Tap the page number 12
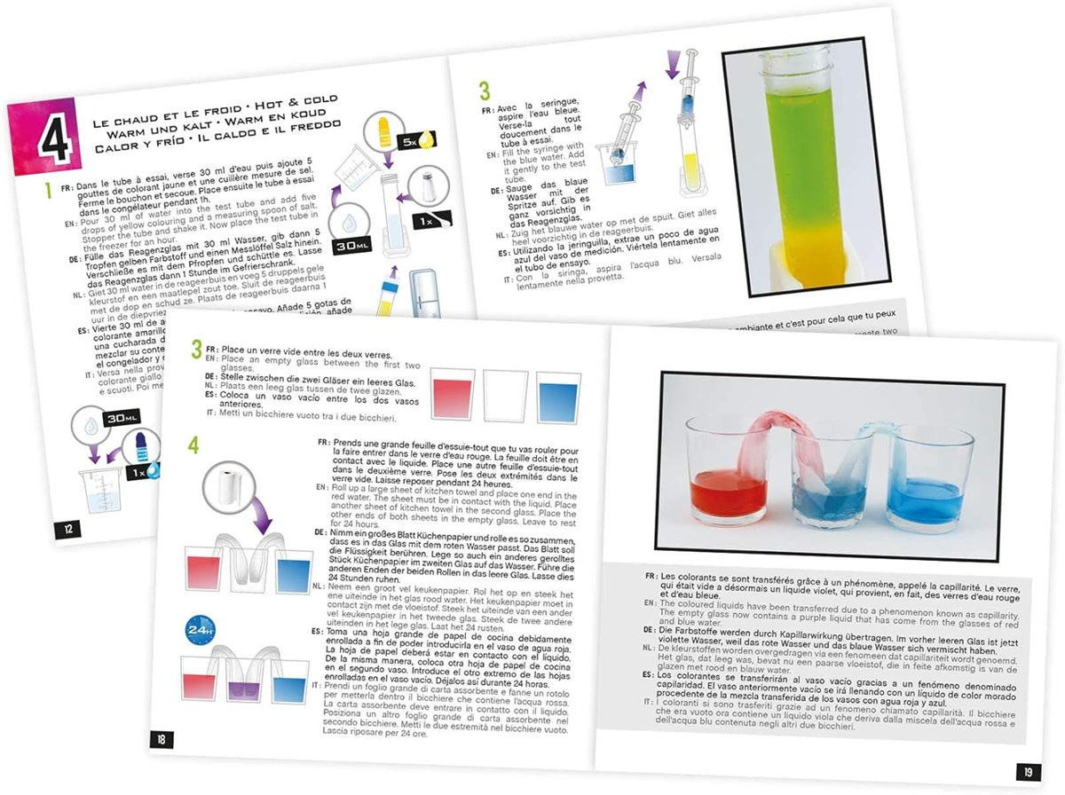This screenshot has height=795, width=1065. [x=68, y=530]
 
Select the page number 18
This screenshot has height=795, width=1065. [x=165, y=738]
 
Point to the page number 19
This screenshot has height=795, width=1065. [x=1027, y=771]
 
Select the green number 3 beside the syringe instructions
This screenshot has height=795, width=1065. [x=485, y=91]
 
